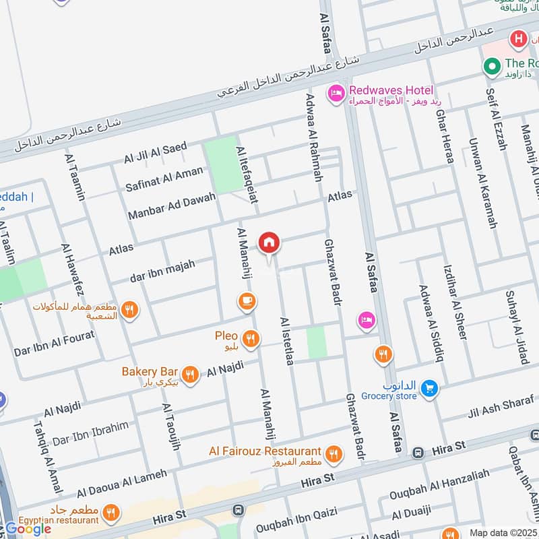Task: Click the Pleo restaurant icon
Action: [x=251, y=339]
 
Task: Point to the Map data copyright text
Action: [x=502, y=532]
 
